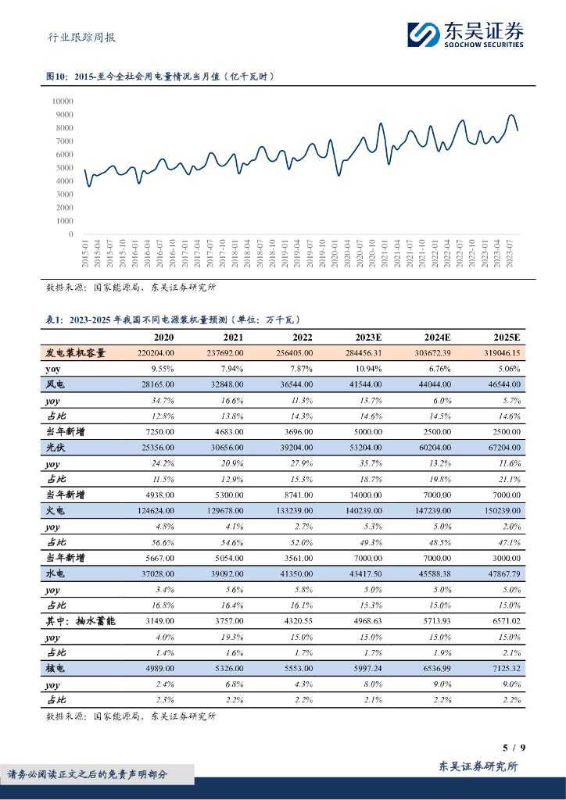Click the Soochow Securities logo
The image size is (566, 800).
point(465,34)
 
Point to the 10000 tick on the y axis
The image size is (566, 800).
point(63,101)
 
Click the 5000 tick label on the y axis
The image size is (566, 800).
point(64,168)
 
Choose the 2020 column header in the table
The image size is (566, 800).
point(164,337)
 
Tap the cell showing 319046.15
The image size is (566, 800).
point(496,353)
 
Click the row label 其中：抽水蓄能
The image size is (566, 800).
point(81,620)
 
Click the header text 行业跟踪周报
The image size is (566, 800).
point(77,37)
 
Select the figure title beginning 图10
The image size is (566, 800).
point(160,77)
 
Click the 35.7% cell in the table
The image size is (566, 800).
point(370,463)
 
